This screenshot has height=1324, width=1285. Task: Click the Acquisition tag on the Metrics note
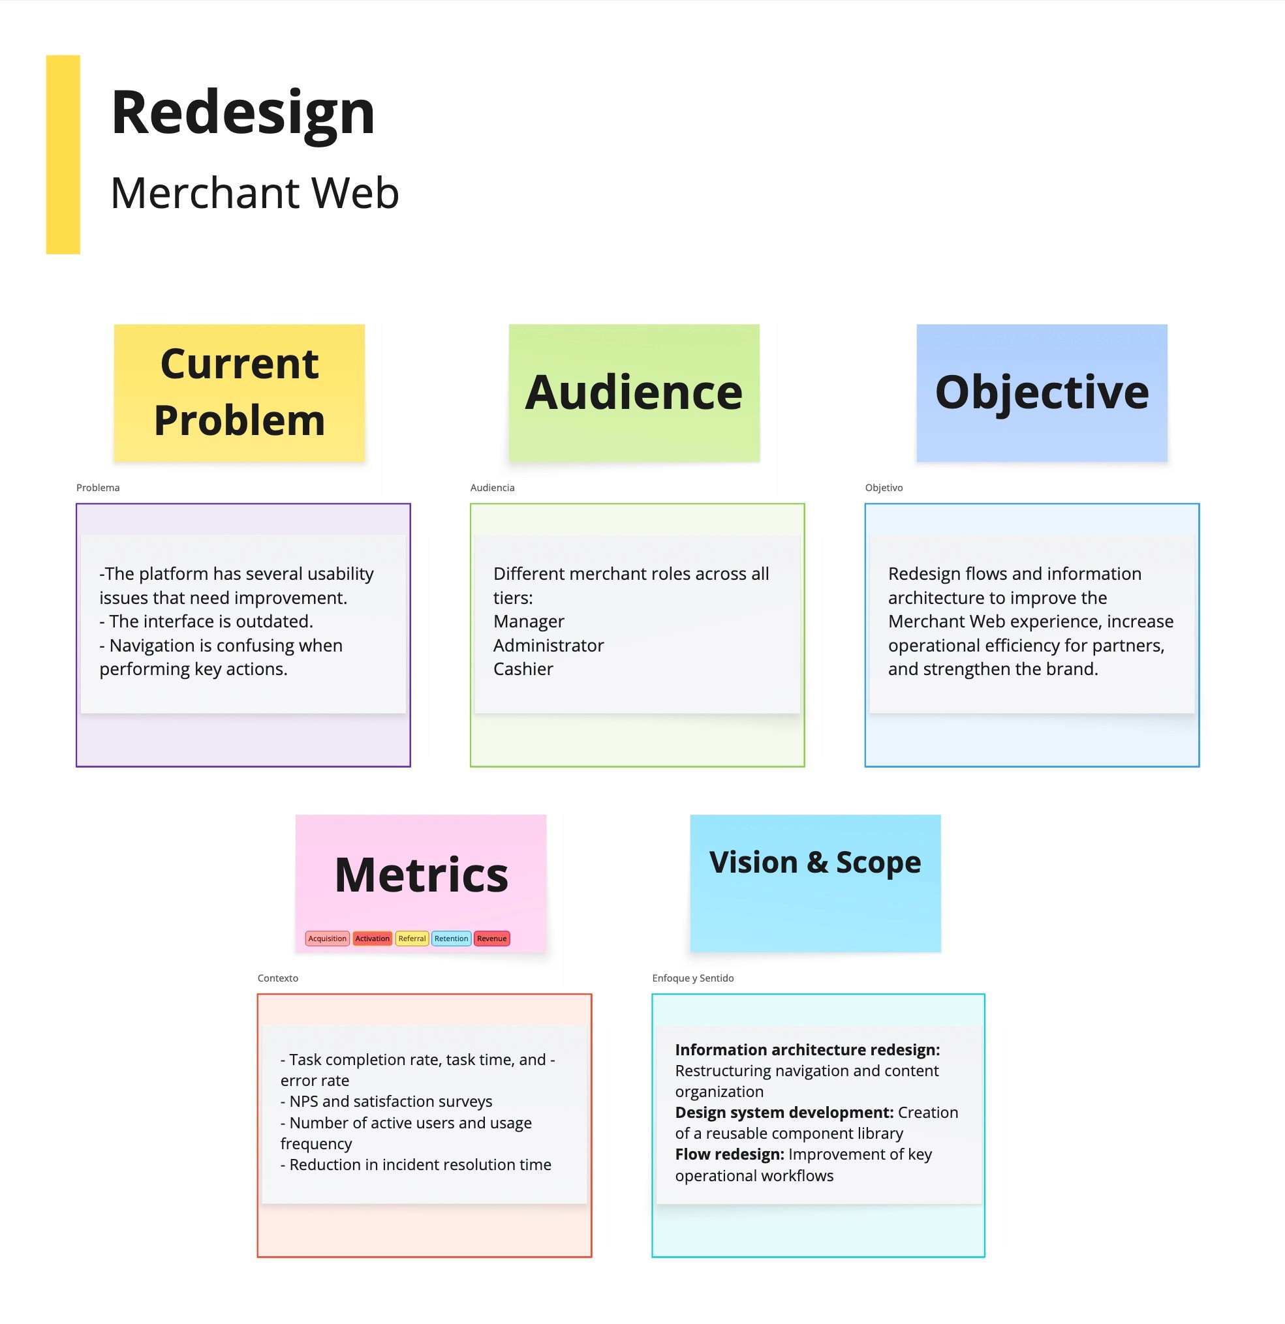pyautogui.click(x=327, y=939)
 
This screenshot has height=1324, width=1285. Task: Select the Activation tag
pyautogui.click(x=372, y=939)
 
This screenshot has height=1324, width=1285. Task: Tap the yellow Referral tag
pyautogui.click(x=412, y=939)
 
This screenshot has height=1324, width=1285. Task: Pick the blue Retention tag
pyautogui.click(x=451, y=939)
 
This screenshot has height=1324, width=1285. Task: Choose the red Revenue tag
pyautogui.click(x=491, y=939)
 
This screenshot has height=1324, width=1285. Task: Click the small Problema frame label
pyautogui.click(x=98, y=488)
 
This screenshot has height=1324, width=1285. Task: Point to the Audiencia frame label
pyautogui.click(x=492, y=488)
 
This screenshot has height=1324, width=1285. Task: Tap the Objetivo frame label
pyautogui.click(x=884, y=488)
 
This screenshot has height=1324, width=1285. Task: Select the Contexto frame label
pyautogui.click(x=278, y=978)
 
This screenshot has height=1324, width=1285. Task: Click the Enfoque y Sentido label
pyautogui.click(x=693, y=978)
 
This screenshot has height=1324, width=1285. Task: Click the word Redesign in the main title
pyautogui.click(x=243, y=113)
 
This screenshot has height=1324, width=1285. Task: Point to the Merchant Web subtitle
pyautogui.click(x=255, y=193)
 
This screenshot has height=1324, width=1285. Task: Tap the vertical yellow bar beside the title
pyautogui.click(x=63, y=155)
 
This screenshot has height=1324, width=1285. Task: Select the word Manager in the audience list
pyautogui.click(x=529, y=622)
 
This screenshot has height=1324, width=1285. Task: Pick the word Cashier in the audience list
pyautogui.click(x=523, y=669)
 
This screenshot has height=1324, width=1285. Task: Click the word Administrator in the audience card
pyautogui.click(x=548, y=646)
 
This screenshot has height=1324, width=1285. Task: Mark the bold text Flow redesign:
pyautogui.click(x=730, y=1154)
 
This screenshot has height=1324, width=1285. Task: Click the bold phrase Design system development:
pyautogui.click(x=784, y=1113)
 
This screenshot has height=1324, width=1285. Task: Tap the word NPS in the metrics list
pyautogui.click(x=303, y=1102)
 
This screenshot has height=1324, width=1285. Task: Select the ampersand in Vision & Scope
pyautogui.click(x=817, y=863)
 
